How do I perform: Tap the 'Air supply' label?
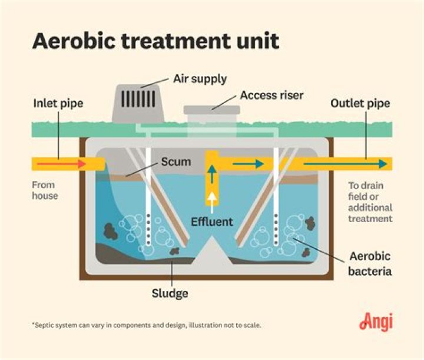200,78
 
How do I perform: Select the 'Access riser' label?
271,95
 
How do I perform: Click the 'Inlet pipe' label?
58,104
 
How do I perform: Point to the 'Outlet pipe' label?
360,104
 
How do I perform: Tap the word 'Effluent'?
212,222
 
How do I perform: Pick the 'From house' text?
45,190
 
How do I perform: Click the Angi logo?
375,322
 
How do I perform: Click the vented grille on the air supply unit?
138,98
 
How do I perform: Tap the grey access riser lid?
211,110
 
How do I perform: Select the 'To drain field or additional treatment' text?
370,202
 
